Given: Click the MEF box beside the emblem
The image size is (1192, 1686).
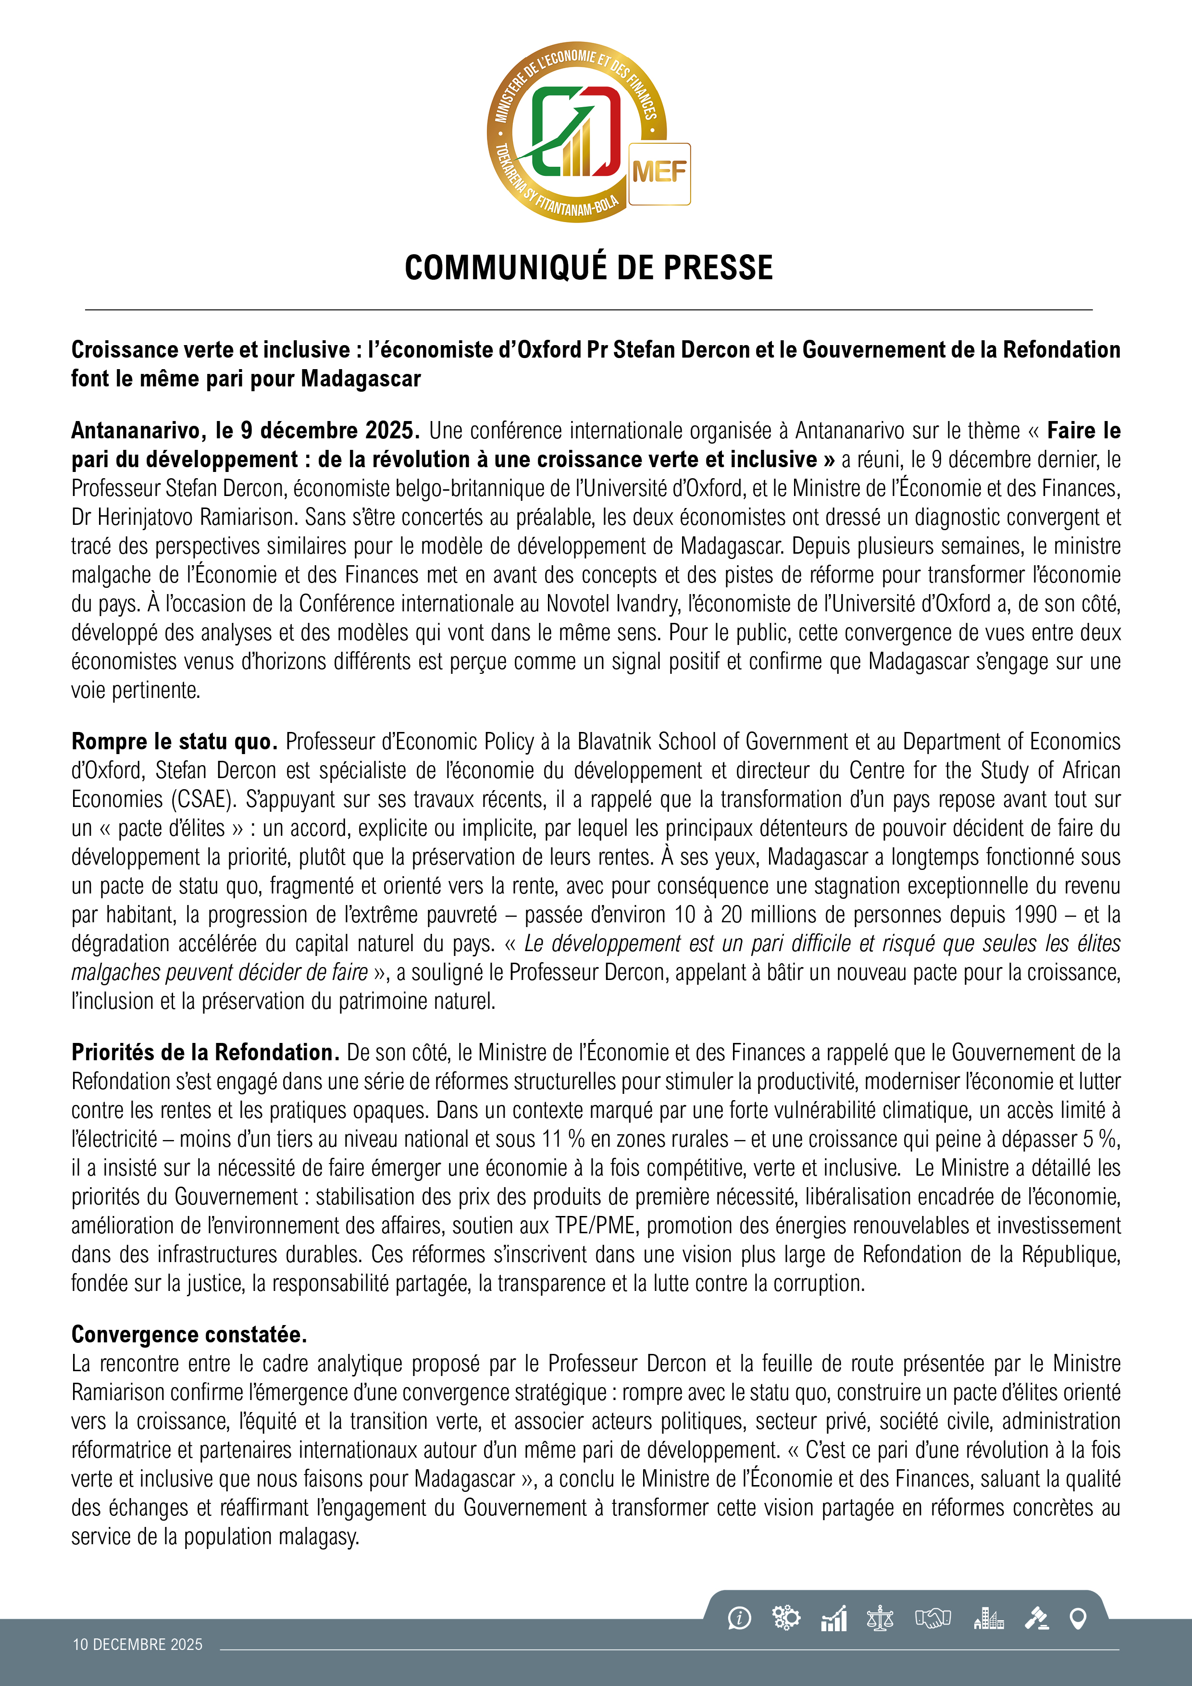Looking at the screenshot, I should tap(659, 174).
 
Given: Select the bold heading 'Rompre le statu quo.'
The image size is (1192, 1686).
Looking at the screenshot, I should tap(174, 742).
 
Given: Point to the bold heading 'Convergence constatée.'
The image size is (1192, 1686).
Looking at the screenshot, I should tap(189, 1334).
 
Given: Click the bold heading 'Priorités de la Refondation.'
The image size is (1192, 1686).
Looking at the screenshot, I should tap(205, 1052).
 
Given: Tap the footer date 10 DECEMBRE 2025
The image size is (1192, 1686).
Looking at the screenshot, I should tap(137, 1645).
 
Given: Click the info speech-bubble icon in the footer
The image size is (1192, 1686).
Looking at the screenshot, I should tap(739, 1618).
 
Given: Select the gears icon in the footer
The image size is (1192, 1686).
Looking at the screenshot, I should tap(786, 1618).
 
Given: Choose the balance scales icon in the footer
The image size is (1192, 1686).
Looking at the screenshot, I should tap(880, 1618).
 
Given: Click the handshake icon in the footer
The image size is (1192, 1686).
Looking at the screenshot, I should tap(933, 1618).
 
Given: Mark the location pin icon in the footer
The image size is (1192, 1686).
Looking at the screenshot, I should tap(1078, 1618).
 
